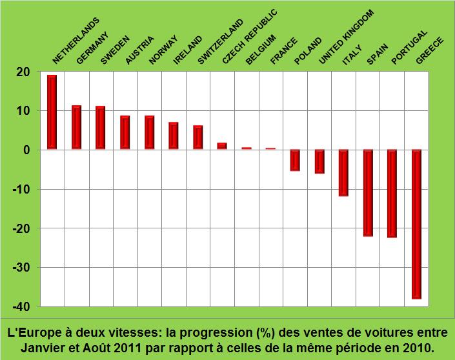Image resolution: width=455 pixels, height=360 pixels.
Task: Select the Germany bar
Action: (x=76, y=128)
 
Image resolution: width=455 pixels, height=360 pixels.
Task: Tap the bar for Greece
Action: (x=416, y=224)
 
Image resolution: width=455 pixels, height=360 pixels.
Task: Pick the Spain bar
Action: (x=368, y=193)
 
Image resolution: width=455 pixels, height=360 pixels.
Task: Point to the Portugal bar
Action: (x=392, y=194)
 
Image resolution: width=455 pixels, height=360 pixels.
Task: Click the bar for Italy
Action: (x=343, y=173)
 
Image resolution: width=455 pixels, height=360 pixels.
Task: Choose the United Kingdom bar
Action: (x=319, y=161)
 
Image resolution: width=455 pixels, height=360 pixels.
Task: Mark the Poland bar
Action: (x=295, y=160)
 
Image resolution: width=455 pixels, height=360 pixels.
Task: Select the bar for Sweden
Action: (x=100, y=128)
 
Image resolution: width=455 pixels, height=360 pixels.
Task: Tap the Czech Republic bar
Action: (x=222, y=146)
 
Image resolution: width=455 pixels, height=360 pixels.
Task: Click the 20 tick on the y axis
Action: (x=23, y=72)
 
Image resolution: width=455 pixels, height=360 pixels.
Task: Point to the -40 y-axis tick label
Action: (x=21, y=306)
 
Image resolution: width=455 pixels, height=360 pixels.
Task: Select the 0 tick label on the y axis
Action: (x=27, y=150)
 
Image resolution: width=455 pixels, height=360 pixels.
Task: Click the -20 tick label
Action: (x=21, y=228)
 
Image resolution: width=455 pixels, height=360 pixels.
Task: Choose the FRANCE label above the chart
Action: (x=284, y=51)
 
